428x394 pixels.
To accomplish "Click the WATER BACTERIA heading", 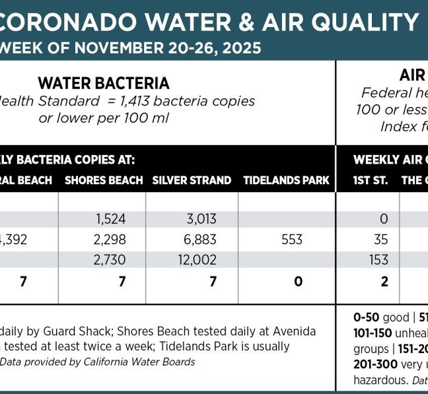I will (x=104, y=83).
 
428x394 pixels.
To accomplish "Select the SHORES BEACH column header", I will (x=104, y=180).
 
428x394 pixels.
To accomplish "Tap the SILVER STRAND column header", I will (x=192, y=180).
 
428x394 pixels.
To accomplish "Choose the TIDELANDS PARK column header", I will (x=286, y=180).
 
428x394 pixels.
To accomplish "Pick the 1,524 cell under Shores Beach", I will (x=110, y=219).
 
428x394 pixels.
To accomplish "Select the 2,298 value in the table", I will (x=110, y=240).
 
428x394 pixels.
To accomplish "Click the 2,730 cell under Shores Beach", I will (x=110, y=260).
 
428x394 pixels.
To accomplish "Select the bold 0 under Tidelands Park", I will (x=299, y=282).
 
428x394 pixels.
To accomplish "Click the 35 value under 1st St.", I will (x=379, y=240).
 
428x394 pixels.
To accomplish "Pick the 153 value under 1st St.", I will (x=379, y=260).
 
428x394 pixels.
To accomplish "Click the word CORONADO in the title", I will (x=63, y=24).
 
